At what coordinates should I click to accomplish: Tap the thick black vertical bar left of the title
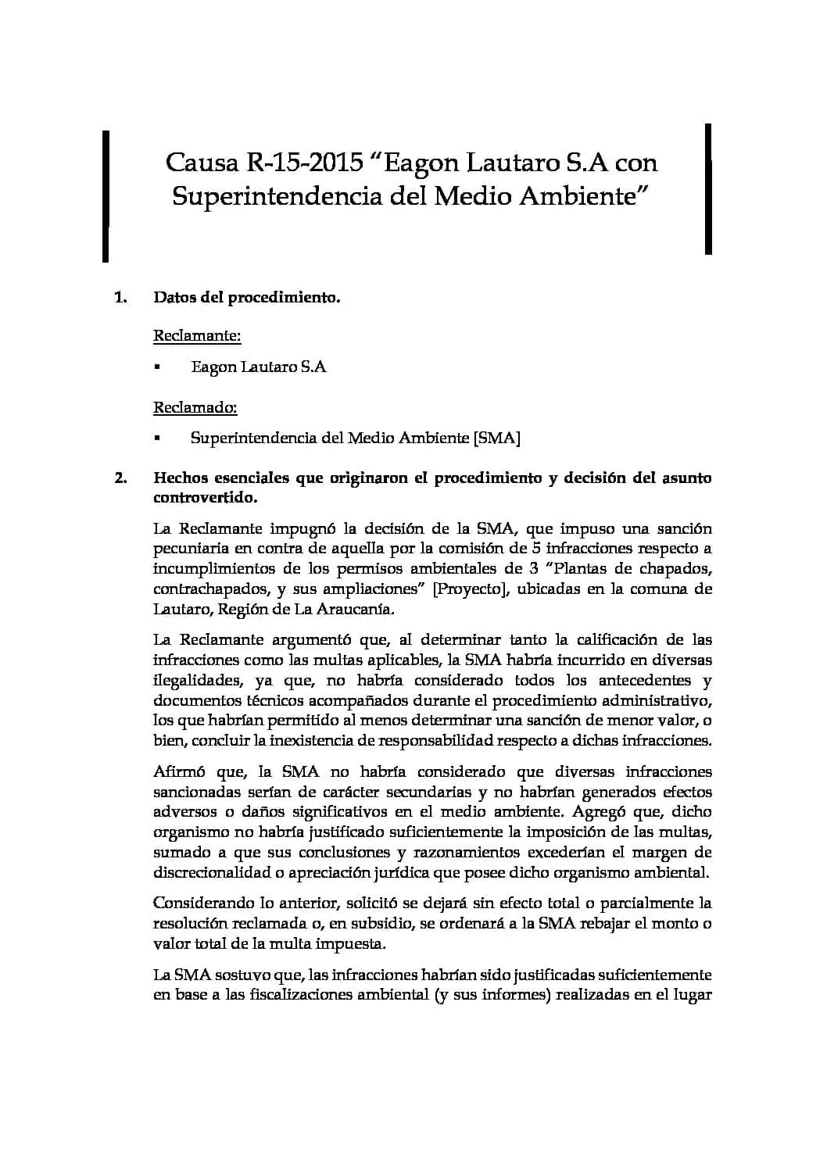(x=105, y=195)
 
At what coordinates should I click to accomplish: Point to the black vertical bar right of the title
(x=708, y=188)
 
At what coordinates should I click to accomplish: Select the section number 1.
(x=120, y=298)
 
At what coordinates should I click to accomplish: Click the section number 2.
(x=120, y=478)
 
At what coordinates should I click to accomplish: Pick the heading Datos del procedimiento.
(x=247, y=298)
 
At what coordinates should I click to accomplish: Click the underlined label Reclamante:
(x=197, y=336)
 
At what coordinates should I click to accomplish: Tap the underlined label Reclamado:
(x=195, y=407)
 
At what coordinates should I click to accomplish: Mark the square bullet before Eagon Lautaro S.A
(x=157, y=367)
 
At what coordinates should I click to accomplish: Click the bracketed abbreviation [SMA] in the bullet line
(x=497, y=438)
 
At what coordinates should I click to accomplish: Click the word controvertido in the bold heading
(x=204, y=498)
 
